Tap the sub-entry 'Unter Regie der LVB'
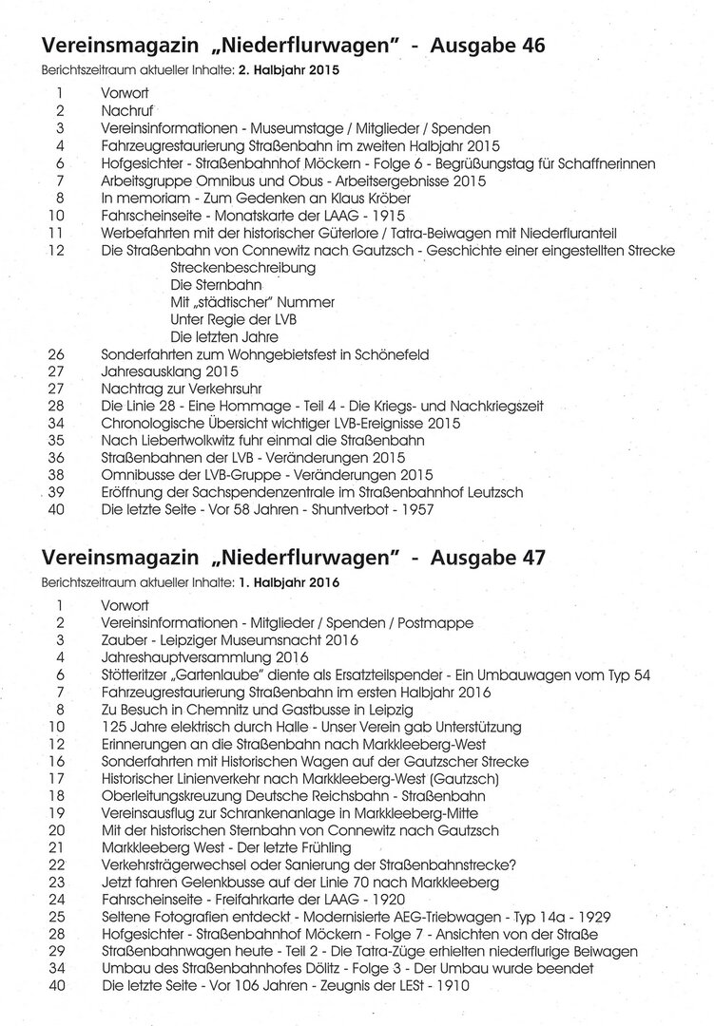click(233, 319)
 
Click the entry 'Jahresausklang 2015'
click(169, 371)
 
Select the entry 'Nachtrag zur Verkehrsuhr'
click(181, 389)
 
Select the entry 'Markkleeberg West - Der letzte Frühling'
click(226, 847)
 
